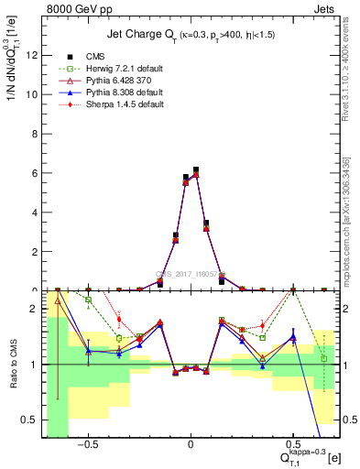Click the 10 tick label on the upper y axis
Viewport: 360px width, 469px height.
(32, 94)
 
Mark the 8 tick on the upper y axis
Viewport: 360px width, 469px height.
(35, 134)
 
